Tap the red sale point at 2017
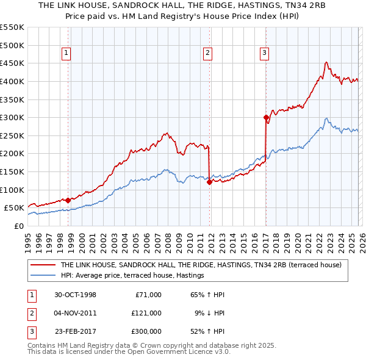tap(266, 117)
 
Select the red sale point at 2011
tap(209, 182)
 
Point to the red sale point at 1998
tap(68, 200)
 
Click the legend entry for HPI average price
tap(132, 276)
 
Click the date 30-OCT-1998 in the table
tap(76, 295)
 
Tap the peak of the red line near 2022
tap(326, 62)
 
